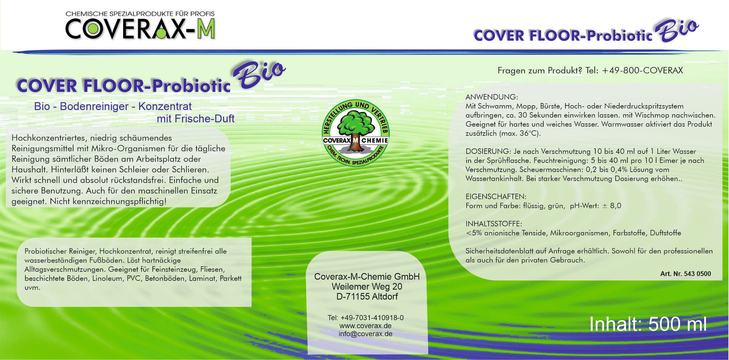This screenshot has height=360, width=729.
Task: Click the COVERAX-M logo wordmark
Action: click(140, 30)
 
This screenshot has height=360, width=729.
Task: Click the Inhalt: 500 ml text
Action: click(648, 324)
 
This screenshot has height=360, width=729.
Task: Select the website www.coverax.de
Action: click(366, 326)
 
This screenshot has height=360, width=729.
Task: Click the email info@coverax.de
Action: click(366, 334)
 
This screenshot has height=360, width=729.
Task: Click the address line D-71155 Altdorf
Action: click(367, 296)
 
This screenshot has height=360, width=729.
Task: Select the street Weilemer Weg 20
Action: click(367, 286)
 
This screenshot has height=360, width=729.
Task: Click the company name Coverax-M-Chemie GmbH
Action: click(367, 277)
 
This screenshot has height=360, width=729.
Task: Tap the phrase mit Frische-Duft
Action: click(195, 119)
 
